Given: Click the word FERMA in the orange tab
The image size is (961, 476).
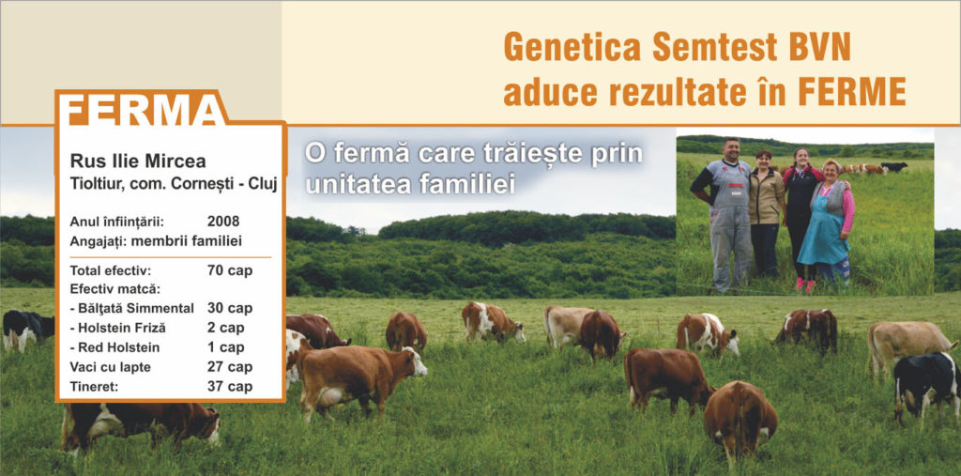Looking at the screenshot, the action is (144, 111).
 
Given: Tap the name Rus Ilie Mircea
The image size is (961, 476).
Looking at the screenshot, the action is (138, 161).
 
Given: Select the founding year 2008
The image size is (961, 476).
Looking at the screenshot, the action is (223, 222).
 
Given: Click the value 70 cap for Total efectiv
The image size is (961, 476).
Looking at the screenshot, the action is (230, 270).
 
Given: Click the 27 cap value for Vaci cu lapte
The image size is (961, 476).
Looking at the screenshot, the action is (230, 367).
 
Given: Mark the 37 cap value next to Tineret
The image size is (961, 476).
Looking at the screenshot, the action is (230, 387).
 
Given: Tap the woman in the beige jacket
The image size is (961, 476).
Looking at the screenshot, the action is (766, 214).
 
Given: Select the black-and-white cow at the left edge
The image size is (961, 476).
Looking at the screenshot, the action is (27, 330).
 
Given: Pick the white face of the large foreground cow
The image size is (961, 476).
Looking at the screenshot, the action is (417, 361).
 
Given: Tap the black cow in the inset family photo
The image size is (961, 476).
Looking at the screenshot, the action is (894, 166).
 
